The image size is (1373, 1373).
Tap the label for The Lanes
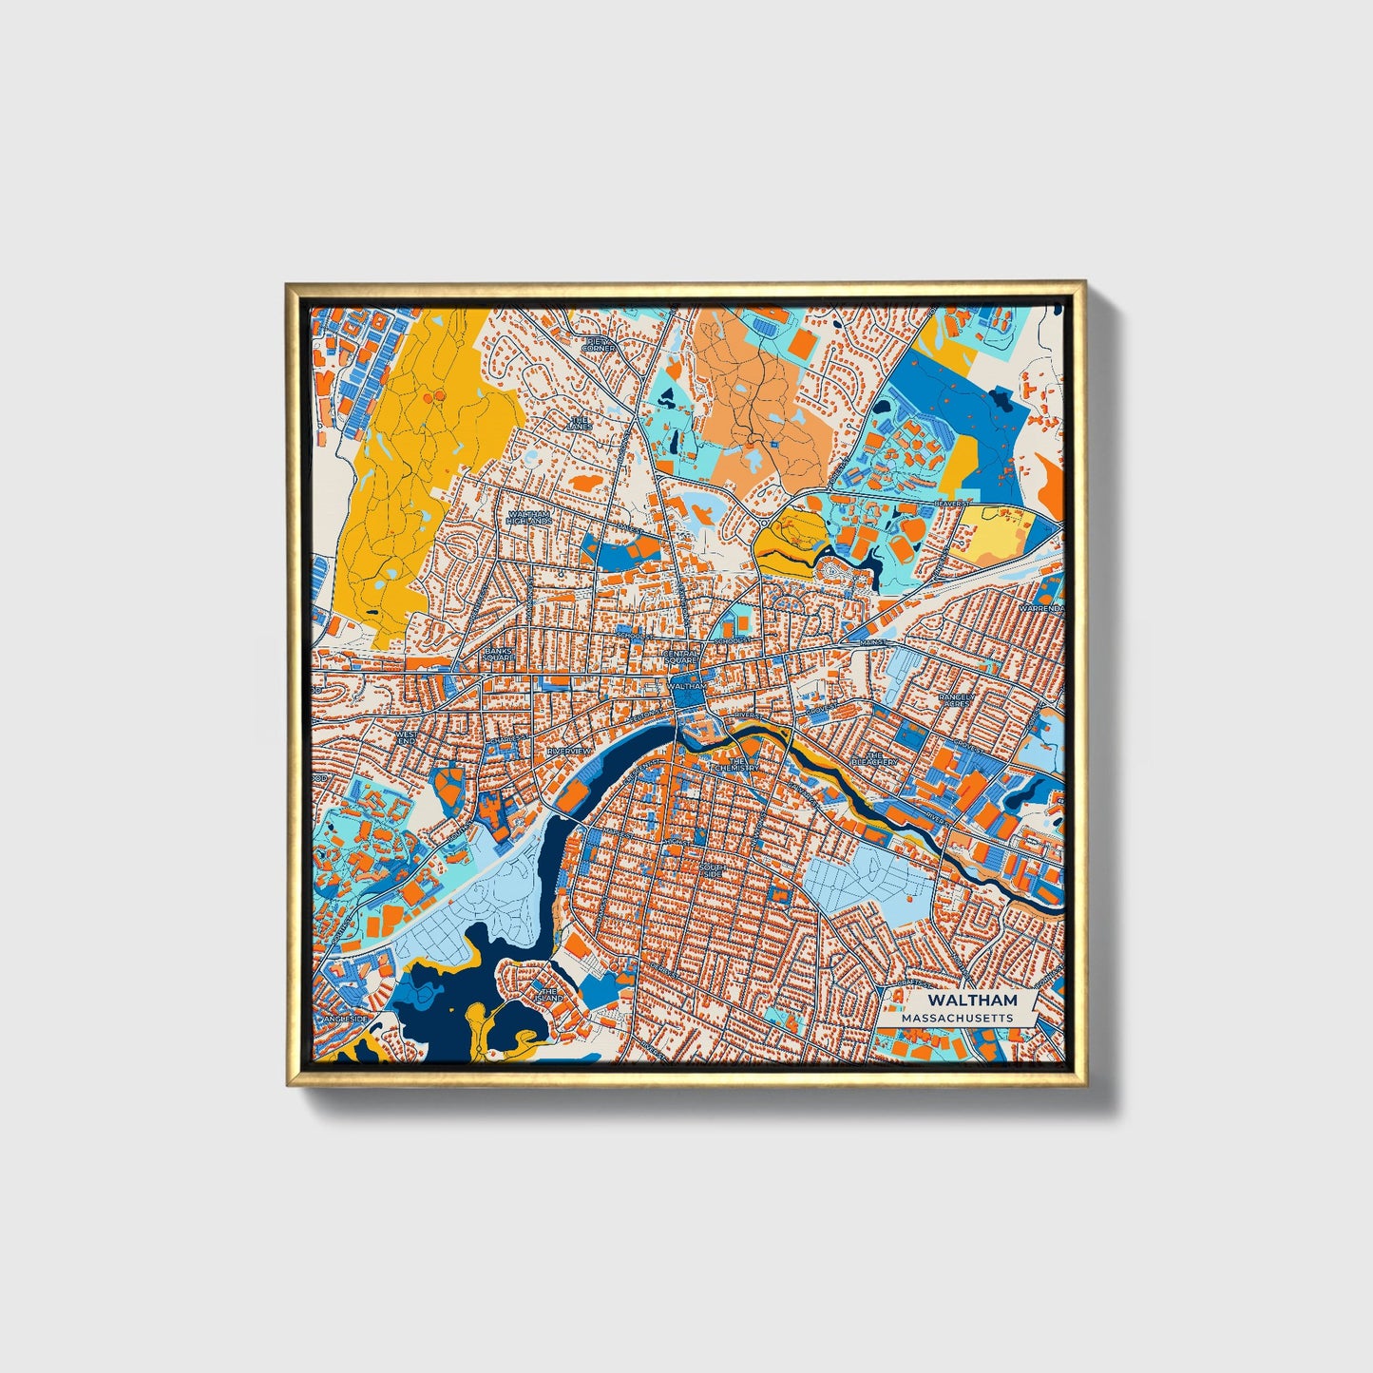pos(579,423)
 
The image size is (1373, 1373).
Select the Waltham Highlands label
pos(528,518)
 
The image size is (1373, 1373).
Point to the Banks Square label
pos(498,655)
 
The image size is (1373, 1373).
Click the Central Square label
pos(680,657)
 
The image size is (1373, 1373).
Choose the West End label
pos(407,737)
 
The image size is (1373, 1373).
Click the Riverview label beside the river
pos(568,751)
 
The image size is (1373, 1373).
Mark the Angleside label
pos(345,1019)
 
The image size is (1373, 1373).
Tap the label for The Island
pos(548,995)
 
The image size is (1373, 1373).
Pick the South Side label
pos(712,870)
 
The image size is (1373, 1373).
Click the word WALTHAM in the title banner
pos(972,1000)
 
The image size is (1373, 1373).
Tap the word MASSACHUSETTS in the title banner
pos(957,1018)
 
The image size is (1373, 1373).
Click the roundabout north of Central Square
pos(764,521)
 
